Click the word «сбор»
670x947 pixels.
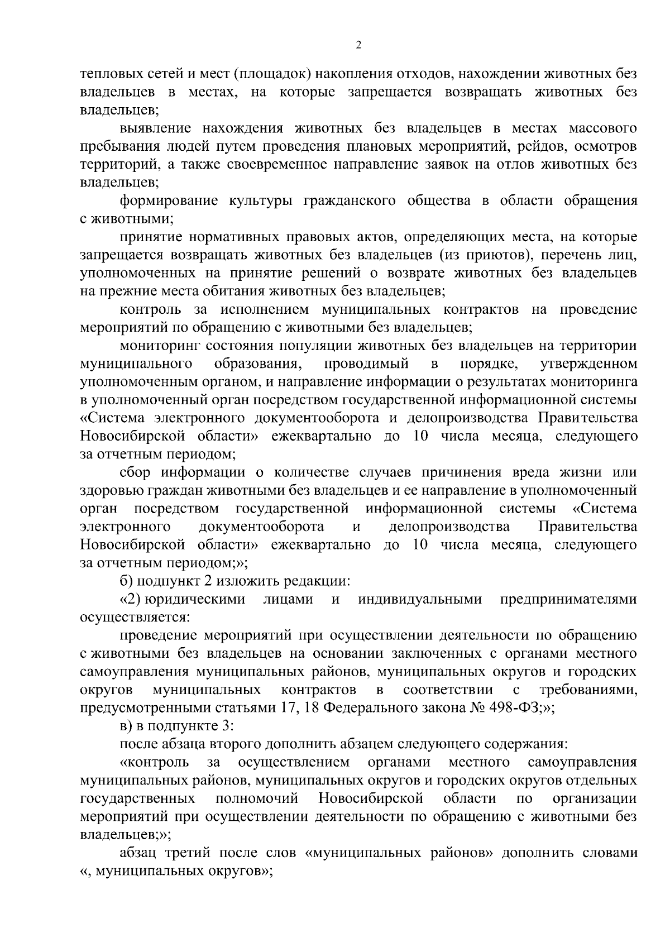pyautogui.click(x=135, y=472)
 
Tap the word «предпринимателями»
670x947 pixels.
pyautogui.click(x=568, y=600)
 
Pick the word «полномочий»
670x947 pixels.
pyautogui.click(x=257, y=799)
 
